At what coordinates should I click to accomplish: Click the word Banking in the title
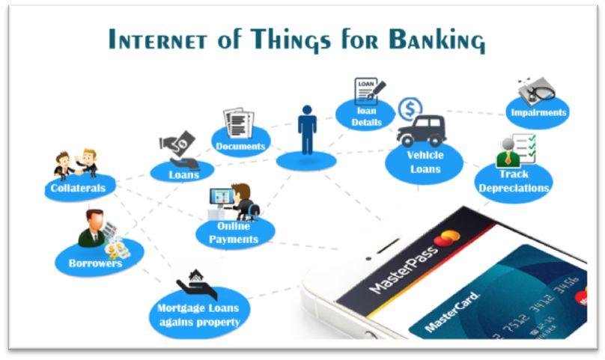pos(437,40)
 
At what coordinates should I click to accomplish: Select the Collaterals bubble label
pos(78,189)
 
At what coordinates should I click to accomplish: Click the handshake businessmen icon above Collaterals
pos(76,164)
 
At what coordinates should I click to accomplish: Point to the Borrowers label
pos(95,263)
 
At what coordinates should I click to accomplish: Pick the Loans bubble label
pos(183,175)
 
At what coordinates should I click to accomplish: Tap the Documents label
pos(240,146)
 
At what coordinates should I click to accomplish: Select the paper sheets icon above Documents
pos(239,123)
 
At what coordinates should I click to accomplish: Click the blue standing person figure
pos(307,129)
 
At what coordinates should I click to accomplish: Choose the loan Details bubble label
pos(367,117)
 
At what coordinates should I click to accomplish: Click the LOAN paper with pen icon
pos(369,91)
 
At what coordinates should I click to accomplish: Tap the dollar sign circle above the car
pos(410,109)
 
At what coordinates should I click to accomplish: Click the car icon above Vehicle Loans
pos(422,131)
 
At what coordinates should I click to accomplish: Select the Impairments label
pos(538,113)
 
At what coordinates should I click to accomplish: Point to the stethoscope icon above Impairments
pos(537,91)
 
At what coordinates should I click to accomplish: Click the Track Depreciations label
pos(514,181)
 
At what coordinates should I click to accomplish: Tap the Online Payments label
pos(234,233)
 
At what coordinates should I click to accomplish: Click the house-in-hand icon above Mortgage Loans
pos(197,284)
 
